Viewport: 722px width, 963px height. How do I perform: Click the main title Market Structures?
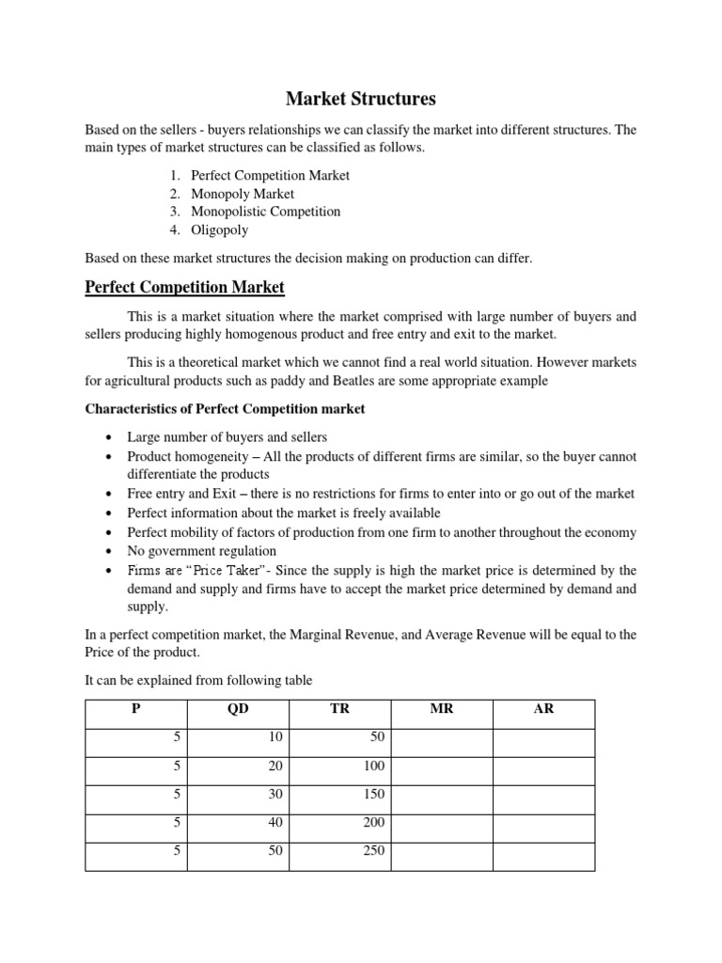[360, 98]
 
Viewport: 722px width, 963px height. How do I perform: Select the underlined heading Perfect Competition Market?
[184, 286]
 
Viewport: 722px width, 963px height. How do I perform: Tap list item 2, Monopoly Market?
[242, 194]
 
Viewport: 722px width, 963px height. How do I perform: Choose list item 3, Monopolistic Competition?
[265, 212]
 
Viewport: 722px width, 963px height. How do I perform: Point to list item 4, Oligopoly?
[219, 229]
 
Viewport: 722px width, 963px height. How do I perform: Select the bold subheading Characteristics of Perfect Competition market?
[226, 409]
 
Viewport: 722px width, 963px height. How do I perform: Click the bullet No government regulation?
[202, 551]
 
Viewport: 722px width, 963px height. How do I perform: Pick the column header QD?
[238, 709]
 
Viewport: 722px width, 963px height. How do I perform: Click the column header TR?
[339, 709]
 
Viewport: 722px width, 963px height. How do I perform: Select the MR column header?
[441, 709]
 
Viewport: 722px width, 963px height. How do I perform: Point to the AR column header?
[543, 709]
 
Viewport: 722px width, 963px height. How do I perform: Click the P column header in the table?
[136, 709]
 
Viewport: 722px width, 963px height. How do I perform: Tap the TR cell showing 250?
[373, 852]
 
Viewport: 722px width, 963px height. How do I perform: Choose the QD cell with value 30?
[275, 796]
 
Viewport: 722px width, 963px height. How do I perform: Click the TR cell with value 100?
[373, 767]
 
